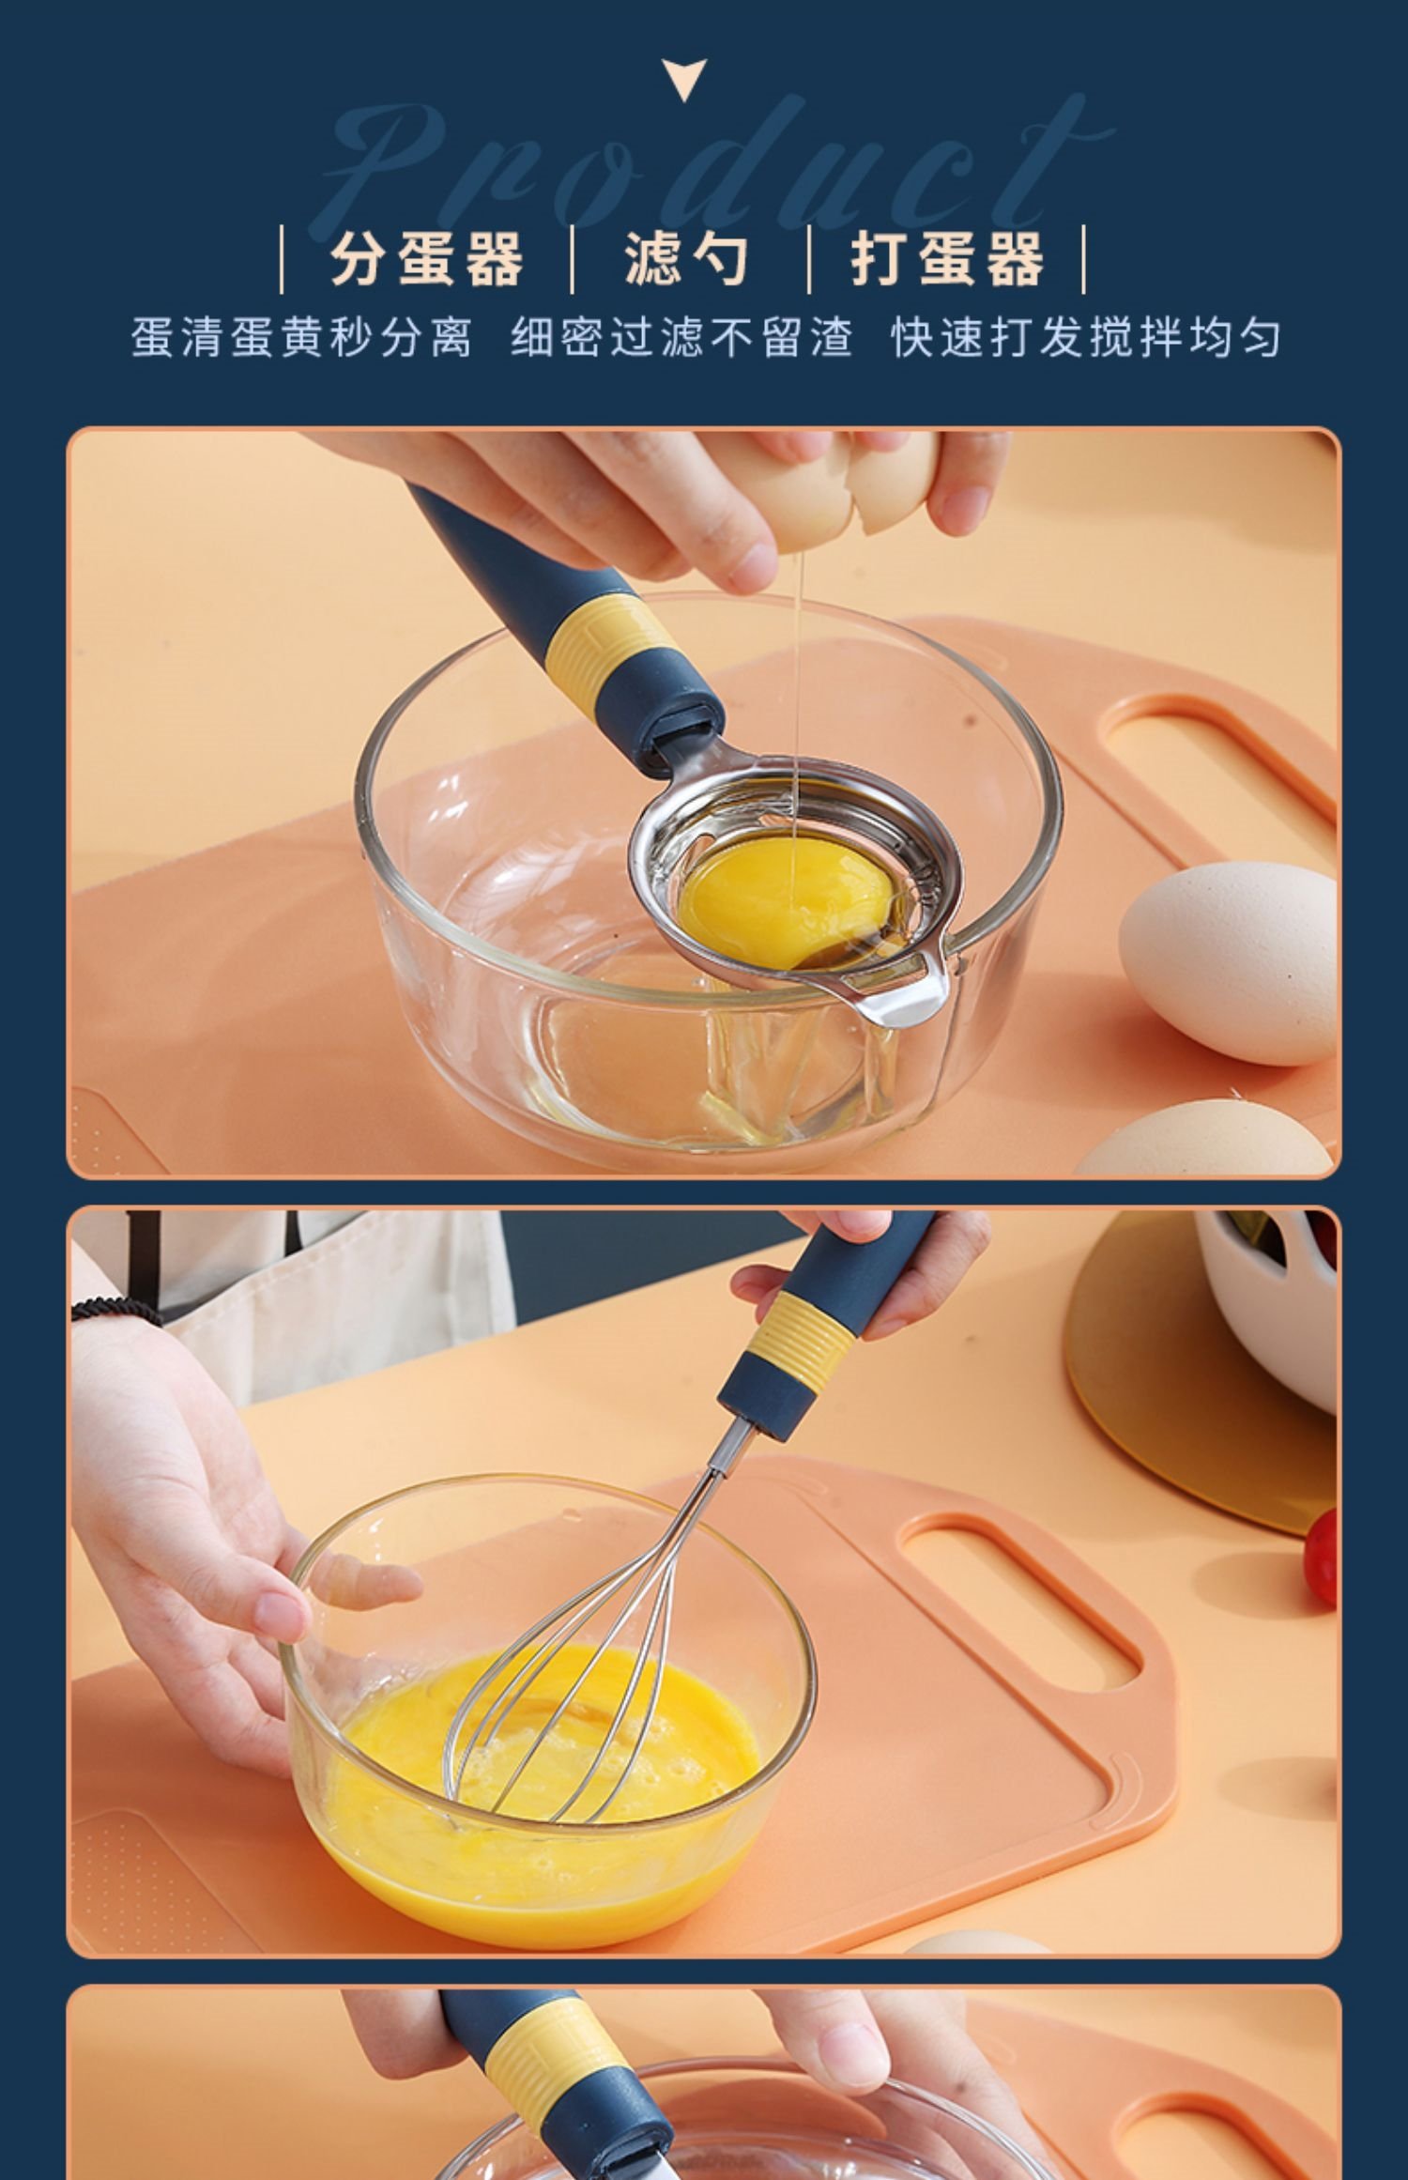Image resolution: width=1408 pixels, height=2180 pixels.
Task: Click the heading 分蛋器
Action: [427, 258]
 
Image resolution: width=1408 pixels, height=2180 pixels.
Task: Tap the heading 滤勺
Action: [688, 258]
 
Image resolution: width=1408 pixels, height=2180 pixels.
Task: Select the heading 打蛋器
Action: [947, 258]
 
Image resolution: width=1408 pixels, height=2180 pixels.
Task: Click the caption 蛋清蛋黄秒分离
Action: [301, 337]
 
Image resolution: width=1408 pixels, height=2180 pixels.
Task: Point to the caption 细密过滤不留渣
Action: [682, 337]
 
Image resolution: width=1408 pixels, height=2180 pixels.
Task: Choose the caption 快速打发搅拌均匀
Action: [1086, 337]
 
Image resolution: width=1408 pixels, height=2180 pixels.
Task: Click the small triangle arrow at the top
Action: [684, 79]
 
